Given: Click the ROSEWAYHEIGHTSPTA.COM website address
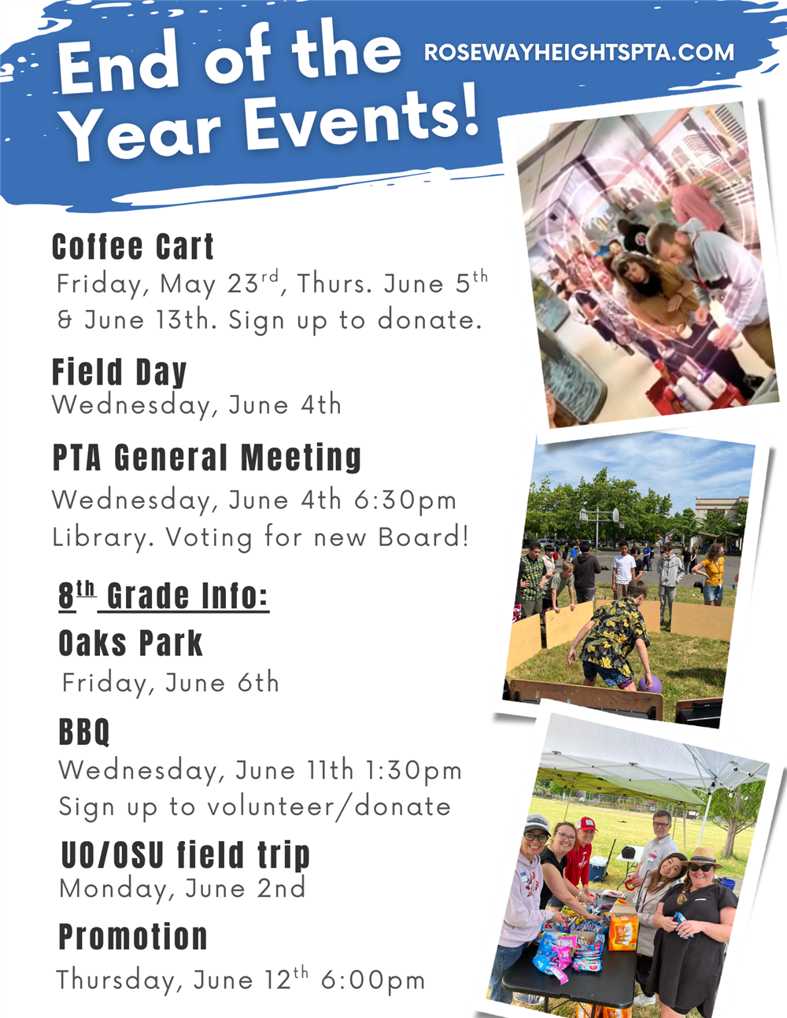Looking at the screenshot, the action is click(579, 52).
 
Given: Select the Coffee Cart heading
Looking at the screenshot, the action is click(132, 246).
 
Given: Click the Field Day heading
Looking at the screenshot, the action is click(119, 371).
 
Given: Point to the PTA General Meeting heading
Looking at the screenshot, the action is click(206, 458).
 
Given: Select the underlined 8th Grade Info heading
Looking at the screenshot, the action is click(164, 596).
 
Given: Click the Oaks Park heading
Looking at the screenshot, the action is click(130, 644).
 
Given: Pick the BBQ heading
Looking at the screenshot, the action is click(84, 732).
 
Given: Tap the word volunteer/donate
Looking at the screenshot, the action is click(329, 806).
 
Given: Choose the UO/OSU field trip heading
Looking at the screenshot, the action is click(186, 855).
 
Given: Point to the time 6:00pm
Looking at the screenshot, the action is click(373, 980).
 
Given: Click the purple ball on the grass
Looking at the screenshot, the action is click(649, 684).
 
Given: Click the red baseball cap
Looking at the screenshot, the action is click(587, 823).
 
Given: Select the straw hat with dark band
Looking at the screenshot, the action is click(700, 857).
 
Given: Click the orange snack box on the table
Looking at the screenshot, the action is click(623, 931).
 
